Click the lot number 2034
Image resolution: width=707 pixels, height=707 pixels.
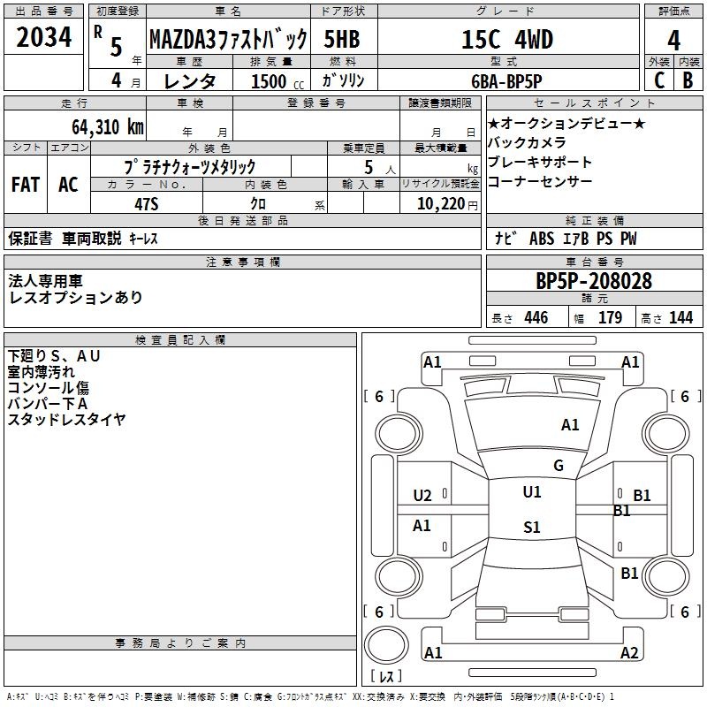[x=43, y=37]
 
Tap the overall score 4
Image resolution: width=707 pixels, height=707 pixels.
[x=673, y=41]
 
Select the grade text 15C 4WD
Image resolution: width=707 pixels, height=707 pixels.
[x=507, y=39]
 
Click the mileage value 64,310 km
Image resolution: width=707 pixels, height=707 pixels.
[x=108, y=126]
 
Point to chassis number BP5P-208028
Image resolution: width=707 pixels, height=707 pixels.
[x=594, y=281]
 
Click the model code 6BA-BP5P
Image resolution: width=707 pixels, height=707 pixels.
[x=506, y=81]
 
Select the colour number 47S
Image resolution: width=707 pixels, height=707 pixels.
[x=147, y=204]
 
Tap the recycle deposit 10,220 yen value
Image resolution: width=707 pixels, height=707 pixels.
[x=447, y=204]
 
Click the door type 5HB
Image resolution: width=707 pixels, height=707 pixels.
[x=342, y=39]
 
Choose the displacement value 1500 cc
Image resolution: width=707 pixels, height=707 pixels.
[x=277, y=81]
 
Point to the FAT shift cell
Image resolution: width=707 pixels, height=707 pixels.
[x=26, y=185]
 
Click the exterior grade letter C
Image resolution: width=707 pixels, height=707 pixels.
[x=659, y=80]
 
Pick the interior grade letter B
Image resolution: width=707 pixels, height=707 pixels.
[x=688, y=80]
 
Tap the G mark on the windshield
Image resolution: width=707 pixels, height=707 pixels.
[x=559, y=465]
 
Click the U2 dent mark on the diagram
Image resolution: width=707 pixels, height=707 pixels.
[x=422, y=496]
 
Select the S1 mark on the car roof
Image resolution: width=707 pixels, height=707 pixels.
[x=532, y=527]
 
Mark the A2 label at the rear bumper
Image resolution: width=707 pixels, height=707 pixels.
[x=629, y=652]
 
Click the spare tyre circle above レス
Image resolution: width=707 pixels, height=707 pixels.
[x=386, y=645]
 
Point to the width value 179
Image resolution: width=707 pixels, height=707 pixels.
[x=610, y=317]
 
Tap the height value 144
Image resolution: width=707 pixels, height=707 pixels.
[x=680, y=317]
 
